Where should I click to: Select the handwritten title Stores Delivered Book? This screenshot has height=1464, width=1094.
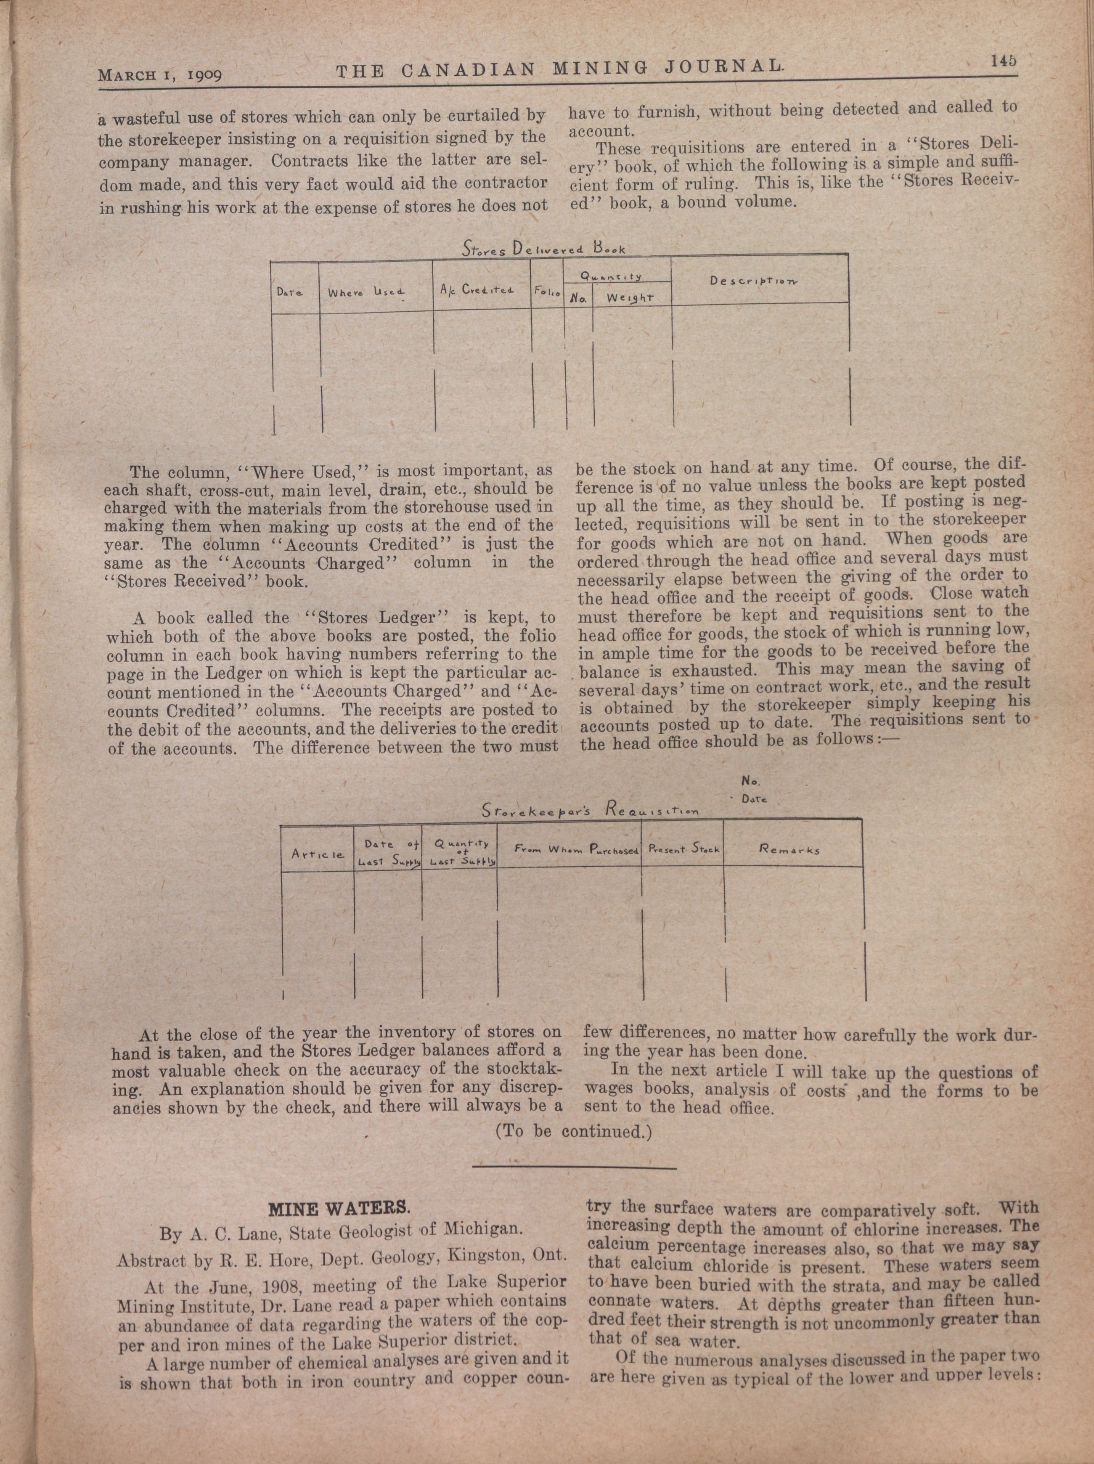543,249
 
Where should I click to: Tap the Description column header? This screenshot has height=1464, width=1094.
753,280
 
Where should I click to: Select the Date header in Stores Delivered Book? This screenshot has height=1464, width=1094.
289,292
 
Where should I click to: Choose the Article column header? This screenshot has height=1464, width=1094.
317,854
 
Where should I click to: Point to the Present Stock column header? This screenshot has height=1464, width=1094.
683,849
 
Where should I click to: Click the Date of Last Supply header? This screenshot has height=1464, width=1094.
389,852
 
